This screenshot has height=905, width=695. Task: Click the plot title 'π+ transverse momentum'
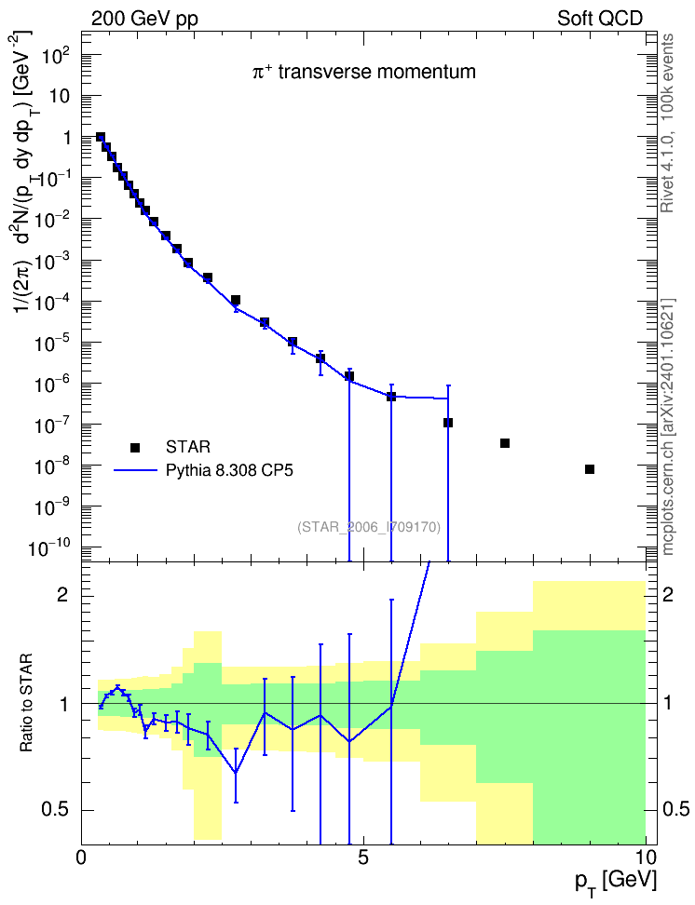[364, 72]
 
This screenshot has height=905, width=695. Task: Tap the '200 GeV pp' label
[144, 19]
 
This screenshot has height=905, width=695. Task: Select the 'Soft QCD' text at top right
[600, 19]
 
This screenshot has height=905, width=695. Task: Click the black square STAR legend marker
[135, 447]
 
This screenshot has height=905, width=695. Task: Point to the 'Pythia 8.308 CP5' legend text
[229, 470]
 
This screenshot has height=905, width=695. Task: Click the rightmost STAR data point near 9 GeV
[590, 469]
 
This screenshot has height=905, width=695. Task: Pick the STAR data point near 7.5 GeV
[504, 443]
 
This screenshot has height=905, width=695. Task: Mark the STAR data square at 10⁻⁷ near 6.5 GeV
[448, 423]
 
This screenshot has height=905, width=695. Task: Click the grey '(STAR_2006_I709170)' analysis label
[369, 527]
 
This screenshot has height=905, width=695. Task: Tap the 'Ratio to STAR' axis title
[26, 702]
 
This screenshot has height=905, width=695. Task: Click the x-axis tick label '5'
[362, 858]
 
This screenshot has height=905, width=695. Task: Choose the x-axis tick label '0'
[81, 858]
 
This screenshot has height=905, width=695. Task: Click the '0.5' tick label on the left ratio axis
[56, 810]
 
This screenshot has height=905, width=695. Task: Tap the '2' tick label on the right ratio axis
[668, 595]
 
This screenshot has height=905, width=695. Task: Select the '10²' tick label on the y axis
[57, 56]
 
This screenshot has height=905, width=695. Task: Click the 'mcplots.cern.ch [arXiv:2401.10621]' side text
[668, 426]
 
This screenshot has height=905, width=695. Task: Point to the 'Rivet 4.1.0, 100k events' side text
[667, 124]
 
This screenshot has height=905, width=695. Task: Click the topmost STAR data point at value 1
[101, 137]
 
